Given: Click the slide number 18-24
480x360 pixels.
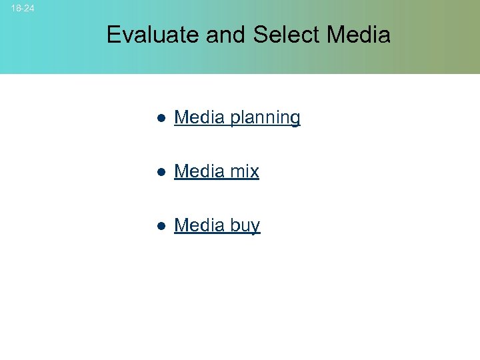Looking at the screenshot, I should [23, 9].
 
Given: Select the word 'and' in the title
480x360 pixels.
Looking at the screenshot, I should [227, 35].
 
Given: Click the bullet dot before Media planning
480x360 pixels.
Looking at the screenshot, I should [161, 118].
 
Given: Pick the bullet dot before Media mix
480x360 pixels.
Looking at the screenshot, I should [161, 172].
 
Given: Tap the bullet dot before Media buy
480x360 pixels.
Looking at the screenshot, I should [161, 226].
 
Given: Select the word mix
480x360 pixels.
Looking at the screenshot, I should [244, 171].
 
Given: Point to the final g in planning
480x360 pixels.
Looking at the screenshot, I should [294, 120].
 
